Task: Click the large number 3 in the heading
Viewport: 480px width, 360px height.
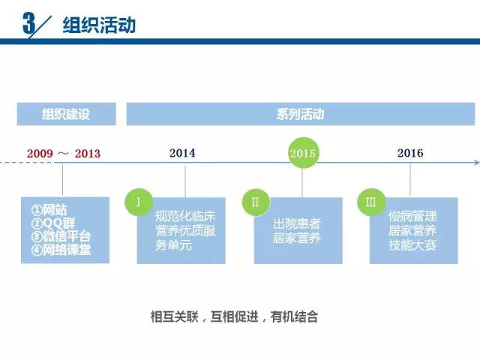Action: point(29,23)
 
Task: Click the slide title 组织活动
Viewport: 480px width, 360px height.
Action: point(99,25)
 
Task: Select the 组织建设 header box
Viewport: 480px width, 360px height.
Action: point(67,114)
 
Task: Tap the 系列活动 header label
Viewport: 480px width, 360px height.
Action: point(300,114)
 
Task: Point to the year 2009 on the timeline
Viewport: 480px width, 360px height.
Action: point(40,153)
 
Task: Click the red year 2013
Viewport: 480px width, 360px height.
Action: point(88,153)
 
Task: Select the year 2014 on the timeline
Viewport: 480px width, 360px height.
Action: point(182,153)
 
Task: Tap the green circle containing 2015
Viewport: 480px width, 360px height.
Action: point(303,153)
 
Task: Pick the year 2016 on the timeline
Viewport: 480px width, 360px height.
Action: point(410,153)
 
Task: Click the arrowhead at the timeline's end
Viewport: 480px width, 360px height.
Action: point(477,162)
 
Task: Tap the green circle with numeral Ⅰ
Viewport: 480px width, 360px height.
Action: point(139,202)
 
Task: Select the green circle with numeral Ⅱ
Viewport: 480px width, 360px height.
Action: point(256,202)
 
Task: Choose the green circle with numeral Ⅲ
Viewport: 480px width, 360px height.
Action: point(371,202)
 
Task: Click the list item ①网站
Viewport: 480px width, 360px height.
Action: point(49,210)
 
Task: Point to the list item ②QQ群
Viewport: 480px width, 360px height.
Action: point(53,223)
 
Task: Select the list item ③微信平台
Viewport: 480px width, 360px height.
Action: point(61,237)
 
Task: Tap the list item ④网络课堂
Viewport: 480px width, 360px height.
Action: point(61,250)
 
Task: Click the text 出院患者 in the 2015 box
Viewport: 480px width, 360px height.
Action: point(297,223)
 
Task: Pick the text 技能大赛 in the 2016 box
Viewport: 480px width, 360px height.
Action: point(412,245)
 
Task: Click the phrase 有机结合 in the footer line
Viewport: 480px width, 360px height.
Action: point(294,316)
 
